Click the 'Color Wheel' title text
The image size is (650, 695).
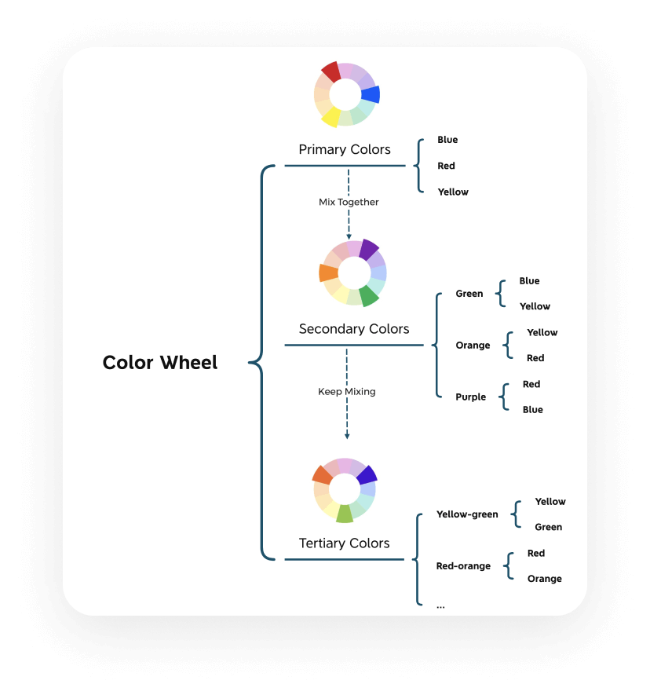click(160, 363)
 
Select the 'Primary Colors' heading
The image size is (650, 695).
click(345, 149)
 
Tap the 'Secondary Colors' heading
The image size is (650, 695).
click(354, 329)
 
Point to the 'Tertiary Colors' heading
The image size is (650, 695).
click(345, 543)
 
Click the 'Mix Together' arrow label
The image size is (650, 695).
click(349, 202)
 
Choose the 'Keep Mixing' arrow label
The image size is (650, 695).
click(347, 392)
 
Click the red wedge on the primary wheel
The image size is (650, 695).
click(331, 71)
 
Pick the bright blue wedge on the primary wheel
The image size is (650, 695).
click(371, 94)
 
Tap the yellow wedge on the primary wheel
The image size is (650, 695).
click(330, 117)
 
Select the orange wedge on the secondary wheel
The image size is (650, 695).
click(329, 273)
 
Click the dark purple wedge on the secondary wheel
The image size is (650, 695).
click(369, 250)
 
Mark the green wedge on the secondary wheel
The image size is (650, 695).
click(369, 295)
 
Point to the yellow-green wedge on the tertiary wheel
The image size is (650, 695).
click(345, 514)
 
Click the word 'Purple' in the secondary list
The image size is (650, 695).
click(470, 397)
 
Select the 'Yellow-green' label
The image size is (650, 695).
click(467, 514)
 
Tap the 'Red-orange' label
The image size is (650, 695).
click(463, 566)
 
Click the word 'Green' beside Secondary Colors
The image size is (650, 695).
click(469, 294)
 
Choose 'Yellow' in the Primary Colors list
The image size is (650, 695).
click(453, 192)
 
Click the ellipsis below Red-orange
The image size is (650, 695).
click(440, 607)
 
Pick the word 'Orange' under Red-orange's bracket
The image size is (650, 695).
click(545, 579)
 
